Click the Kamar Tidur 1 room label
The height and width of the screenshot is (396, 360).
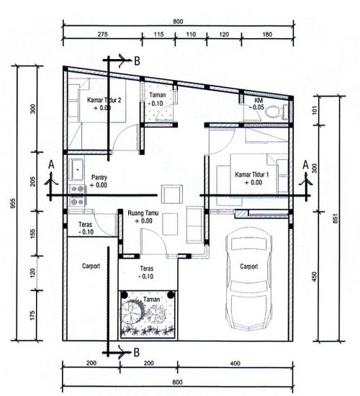click(251, 174)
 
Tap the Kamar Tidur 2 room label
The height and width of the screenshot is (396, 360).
click(104, 100)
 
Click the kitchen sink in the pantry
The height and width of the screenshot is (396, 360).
click(77, 169)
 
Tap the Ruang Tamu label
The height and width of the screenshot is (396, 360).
click(143, 213)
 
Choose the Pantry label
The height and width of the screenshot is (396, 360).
click(99, 177)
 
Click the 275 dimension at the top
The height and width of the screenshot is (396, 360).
click(102, 34)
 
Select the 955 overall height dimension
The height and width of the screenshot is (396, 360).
click(13, 203)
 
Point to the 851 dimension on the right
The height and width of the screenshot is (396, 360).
click(336, 218)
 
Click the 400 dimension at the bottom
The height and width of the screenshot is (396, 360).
click(235, 364)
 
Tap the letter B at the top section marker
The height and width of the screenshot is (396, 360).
click(137, 61)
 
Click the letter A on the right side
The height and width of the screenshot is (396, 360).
click(306, 165)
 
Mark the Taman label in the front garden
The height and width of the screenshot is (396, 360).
click(152, 300)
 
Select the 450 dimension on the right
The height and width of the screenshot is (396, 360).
click(314, 276)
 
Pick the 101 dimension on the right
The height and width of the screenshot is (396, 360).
click(315, 110)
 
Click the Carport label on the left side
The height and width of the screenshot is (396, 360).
click(91, 266)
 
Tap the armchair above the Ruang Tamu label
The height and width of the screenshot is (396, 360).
click(172, 194)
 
